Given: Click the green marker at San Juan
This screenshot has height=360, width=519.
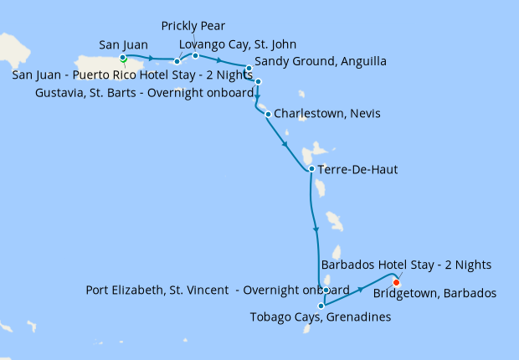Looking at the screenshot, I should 123,58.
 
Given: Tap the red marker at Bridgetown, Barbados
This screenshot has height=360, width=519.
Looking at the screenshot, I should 397,281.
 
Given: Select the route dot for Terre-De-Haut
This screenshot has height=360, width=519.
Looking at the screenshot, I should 311,168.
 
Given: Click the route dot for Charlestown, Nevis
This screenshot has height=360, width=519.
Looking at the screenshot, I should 268,114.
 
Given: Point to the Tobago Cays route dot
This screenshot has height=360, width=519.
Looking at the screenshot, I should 321,306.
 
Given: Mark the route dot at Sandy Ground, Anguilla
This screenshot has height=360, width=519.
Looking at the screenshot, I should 249,68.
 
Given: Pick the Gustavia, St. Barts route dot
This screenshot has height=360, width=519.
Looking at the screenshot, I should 259,81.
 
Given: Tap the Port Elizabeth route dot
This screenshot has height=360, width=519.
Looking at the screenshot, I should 326,290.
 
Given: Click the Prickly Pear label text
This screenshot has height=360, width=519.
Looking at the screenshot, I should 193,27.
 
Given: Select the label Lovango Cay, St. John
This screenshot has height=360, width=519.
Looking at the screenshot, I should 238,44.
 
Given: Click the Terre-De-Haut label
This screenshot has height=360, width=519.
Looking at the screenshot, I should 357,170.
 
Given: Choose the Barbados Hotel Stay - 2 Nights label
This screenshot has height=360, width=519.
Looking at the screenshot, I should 406,265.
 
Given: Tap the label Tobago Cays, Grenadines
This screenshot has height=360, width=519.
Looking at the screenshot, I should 321,317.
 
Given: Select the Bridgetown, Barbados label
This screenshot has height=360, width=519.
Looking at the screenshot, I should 435,293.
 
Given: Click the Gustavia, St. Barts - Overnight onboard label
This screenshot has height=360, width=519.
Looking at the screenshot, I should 144,92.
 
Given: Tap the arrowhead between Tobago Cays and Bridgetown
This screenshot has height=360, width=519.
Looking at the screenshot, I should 361,289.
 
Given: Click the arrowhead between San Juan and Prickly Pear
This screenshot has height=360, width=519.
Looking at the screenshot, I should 152,59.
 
